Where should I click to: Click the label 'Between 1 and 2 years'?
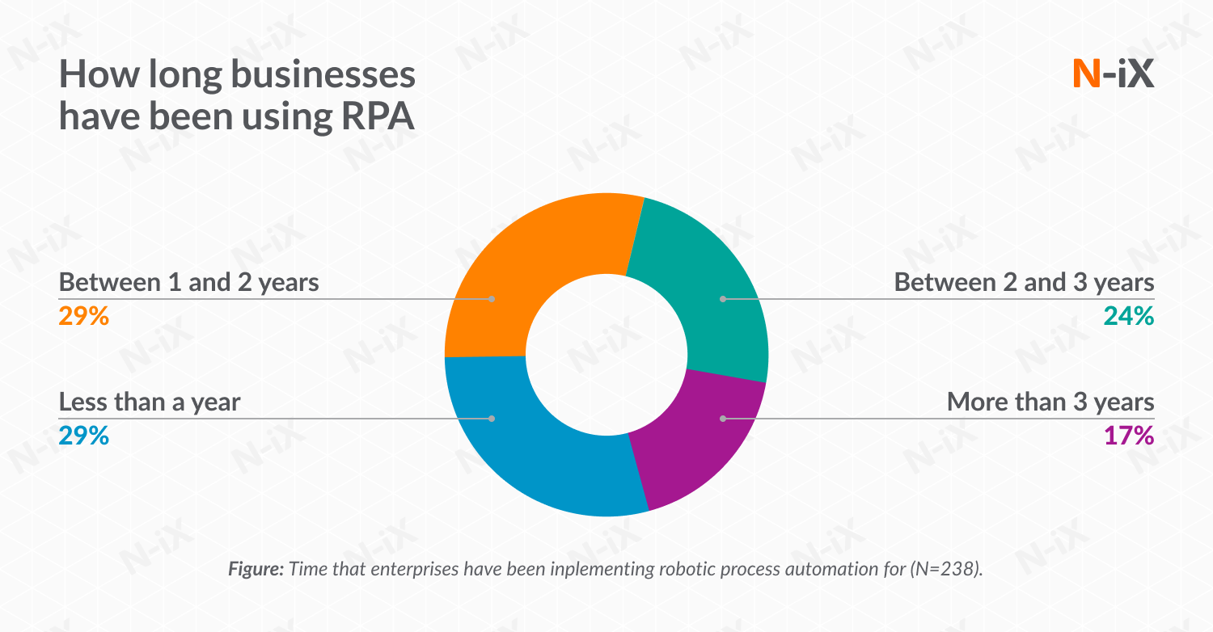189,283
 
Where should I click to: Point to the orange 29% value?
83,316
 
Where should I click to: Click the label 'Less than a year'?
150,402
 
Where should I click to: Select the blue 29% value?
83,436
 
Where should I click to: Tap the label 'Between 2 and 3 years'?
1024,283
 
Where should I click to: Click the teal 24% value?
1129,316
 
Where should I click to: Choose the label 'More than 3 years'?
1050,402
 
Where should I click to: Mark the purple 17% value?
1129,436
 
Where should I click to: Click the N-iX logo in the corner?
1113,74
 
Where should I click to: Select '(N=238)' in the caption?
946,569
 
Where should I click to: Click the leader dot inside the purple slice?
723,419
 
